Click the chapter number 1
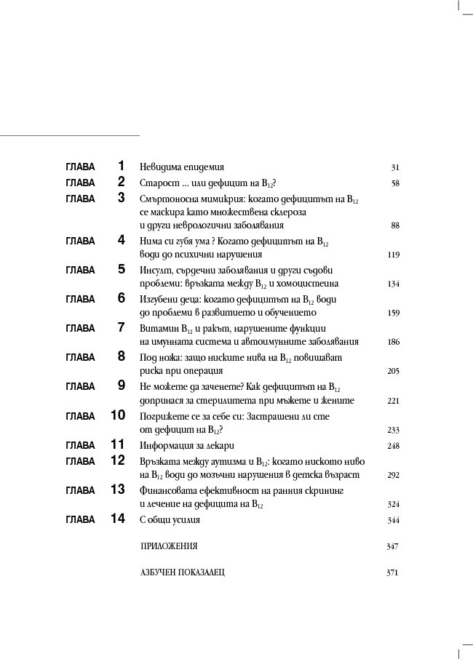(x=121, y=166)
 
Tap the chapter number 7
(x=121, y=327)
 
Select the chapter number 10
(x=118, y=415)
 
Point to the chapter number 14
(x=118, y=519)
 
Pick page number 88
(x=395, y=225)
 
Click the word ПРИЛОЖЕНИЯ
(x=169, y=546)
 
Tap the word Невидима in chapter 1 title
(x=159, y=167)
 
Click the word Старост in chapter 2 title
(x=156, y=183)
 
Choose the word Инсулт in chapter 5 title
(x=154, y=270)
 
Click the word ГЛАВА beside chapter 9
(x=80, y=386)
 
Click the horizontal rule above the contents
(x=69, y=135)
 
